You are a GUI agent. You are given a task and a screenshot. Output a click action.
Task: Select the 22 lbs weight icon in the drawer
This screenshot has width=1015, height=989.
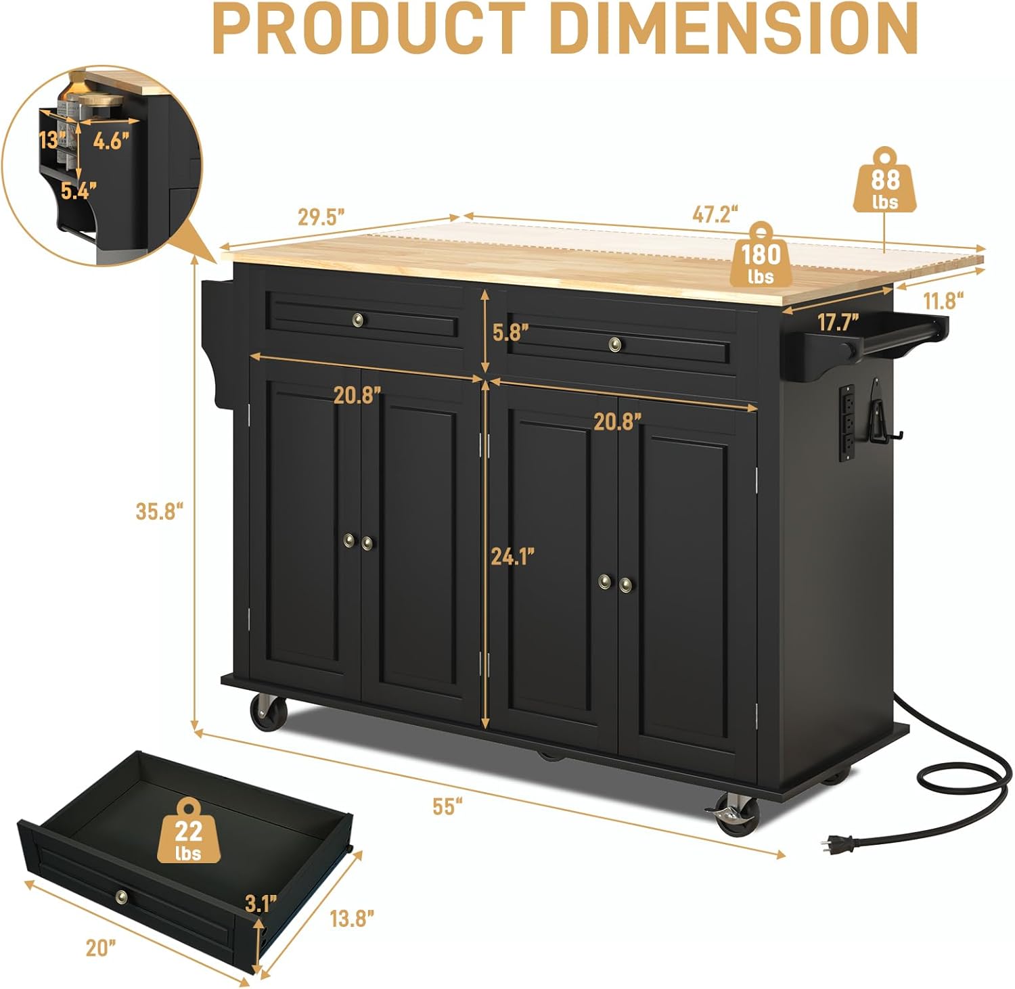tap(188, 833)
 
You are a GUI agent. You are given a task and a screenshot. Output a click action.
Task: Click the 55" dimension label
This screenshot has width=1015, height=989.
tap(447, 806)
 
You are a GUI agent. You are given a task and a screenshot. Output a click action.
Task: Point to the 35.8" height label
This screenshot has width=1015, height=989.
tap(160, 511)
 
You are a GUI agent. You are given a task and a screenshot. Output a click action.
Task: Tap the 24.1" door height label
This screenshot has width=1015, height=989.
tap(513, 556)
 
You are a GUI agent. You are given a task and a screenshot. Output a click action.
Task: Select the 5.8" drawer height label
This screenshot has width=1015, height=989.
tap(510, 332)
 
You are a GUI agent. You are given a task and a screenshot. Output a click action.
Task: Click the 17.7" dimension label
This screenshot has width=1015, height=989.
tap(838, 322)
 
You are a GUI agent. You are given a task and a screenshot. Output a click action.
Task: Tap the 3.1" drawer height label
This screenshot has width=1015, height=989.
tap(261, 902)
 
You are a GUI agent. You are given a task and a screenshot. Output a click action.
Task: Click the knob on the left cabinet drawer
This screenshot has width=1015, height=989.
tap(358, 319)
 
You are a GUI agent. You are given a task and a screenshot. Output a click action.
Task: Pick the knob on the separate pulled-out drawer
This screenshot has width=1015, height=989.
tap(121, 896)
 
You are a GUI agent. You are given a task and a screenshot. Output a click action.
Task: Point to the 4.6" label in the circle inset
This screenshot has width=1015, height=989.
tap(110, 141)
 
